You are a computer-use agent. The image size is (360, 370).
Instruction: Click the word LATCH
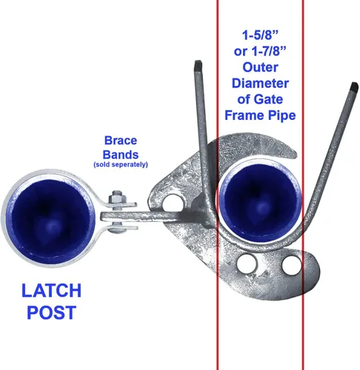(x=51, y=290)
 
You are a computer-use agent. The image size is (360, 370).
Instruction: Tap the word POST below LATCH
(x=51, y=312)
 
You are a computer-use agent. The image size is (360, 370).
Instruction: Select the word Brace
(x=121, y=141)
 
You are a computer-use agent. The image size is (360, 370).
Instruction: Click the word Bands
(x=121, y=155)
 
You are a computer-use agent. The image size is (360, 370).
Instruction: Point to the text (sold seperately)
(x=121, y=164)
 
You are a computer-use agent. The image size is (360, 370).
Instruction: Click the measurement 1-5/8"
(x=260, y=35)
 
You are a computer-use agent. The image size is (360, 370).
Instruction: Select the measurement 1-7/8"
(x=269, y=51)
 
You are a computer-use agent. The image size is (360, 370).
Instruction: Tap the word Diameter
(x=260, y=84)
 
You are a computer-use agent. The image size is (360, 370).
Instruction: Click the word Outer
(x=260, y=67)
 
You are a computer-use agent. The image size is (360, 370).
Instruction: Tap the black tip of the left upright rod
(x=199, y=65)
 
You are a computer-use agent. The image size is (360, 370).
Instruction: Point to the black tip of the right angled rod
(x=354, y=87)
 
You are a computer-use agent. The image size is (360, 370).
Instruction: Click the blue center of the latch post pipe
(x=51, y=218)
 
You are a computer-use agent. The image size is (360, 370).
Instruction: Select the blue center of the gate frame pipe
(x=261, y=203)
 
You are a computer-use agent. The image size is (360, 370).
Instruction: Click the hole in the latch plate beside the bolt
(x=173, y=204)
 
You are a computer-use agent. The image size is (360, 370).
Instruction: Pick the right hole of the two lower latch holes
(x=291, y=265)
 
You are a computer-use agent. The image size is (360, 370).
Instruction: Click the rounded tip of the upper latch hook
(x=294, y=153)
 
